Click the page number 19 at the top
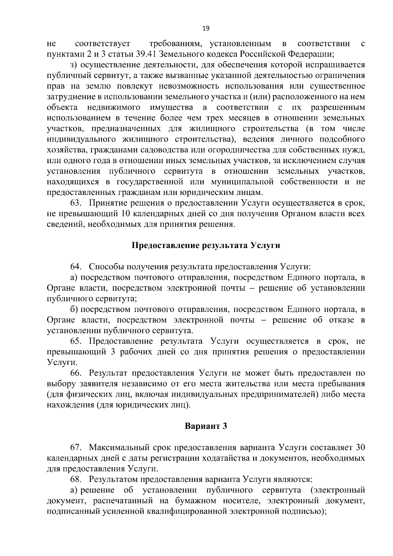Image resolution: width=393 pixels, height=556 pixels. point(206,28)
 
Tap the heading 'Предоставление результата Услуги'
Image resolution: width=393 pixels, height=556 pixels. point(206,245)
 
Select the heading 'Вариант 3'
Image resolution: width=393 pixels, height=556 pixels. point(206,426)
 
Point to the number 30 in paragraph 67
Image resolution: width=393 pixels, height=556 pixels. point(360,448)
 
